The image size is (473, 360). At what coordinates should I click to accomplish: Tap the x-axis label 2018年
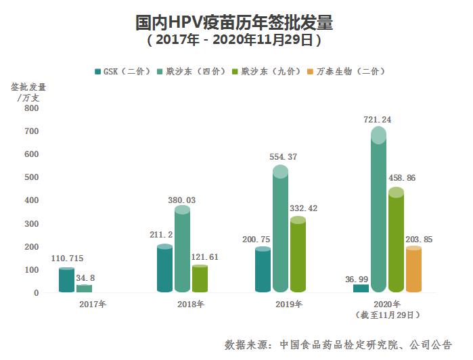(x=191, y=305)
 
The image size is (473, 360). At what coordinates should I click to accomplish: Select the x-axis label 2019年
(x=289, y=305)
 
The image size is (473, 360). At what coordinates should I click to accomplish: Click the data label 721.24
(x=378, y=120)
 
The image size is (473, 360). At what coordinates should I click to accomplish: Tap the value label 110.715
(x=67, y=259)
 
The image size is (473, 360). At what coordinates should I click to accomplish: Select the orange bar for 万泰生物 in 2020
(x=413, y=271)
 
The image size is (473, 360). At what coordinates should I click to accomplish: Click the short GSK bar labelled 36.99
(x=361, y=288)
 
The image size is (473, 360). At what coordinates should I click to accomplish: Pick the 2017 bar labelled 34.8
(x=84, y=289)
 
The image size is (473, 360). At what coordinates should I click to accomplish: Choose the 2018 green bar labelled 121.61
(x=200, y=279)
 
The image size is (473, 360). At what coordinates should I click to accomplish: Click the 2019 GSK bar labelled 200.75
(x=263, y=271)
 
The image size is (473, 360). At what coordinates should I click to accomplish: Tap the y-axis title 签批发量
(x=28, y=87)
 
